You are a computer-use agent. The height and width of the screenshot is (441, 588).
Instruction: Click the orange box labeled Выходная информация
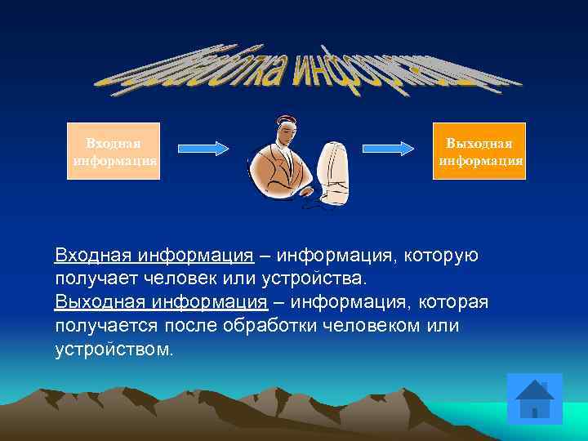click(x=479, y=151)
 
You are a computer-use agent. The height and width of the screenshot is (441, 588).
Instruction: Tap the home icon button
click(x=535, y=400)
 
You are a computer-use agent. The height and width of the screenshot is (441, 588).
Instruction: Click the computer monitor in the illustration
click(x=336, y=171)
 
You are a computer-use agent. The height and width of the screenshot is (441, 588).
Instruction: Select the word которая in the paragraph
click(x=452, y=303)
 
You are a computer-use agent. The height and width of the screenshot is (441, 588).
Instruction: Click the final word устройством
click(x=114, y=350)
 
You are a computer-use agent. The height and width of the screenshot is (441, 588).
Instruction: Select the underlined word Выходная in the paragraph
click(x=96, y=303)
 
